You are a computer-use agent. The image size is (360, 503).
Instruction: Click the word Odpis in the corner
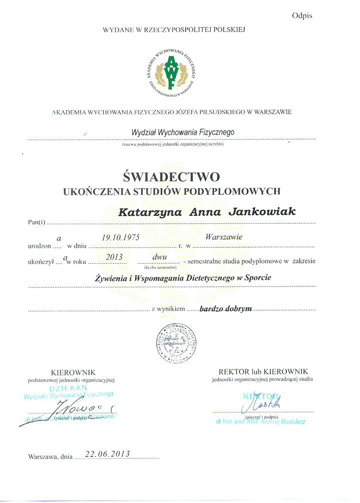(x=302, y=16)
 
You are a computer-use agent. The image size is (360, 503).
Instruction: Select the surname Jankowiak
(x=262, y=212)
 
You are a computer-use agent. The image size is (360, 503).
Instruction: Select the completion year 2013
(x=115, y=257)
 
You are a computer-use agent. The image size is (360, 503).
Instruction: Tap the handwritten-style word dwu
(x=159, y=256)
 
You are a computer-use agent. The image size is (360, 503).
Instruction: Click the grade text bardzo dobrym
(x=227, y=309)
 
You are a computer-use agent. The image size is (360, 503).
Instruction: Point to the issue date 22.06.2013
(x=108, y=454)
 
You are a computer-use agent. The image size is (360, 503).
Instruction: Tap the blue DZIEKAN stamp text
(x=69, y=388)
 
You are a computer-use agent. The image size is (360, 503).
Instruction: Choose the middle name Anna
(x=205, y=212)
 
